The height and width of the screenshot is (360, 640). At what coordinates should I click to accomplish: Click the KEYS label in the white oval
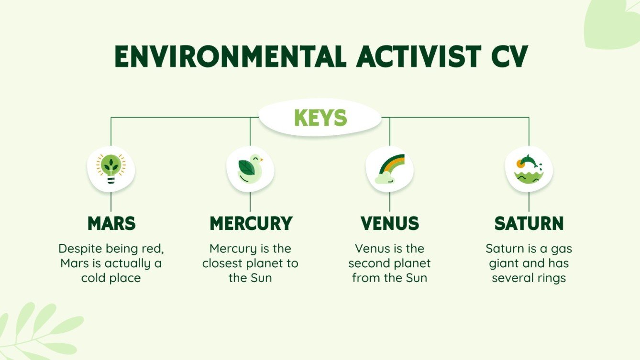coord(320,118)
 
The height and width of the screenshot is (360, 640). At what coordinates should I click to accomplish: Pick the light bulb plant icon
coord(111,169)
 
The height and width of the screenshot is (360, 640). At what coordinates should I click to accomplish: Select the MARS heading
coord(111,223)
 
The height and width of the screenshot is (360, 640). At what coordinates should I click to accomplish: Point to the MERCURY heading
coord(251,223)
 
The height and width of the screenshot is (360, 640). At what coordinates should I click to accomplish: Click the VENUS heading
coord(389,223)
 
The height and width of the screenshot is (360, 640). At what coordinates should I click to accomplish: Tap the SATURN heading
coord(529,223)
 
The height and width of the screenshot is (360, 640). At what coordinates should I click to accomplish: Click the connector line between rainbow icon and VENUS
coord(389,202)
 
